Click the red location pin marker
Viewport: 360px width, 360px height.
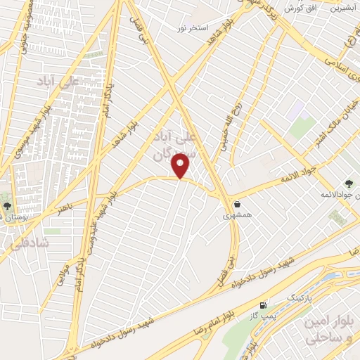tap(181, 167)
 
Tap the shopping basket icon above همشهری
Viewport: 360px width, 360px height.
tap(239, 205)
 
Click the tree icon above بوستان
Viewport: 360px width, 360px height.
tap(7, 207)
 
